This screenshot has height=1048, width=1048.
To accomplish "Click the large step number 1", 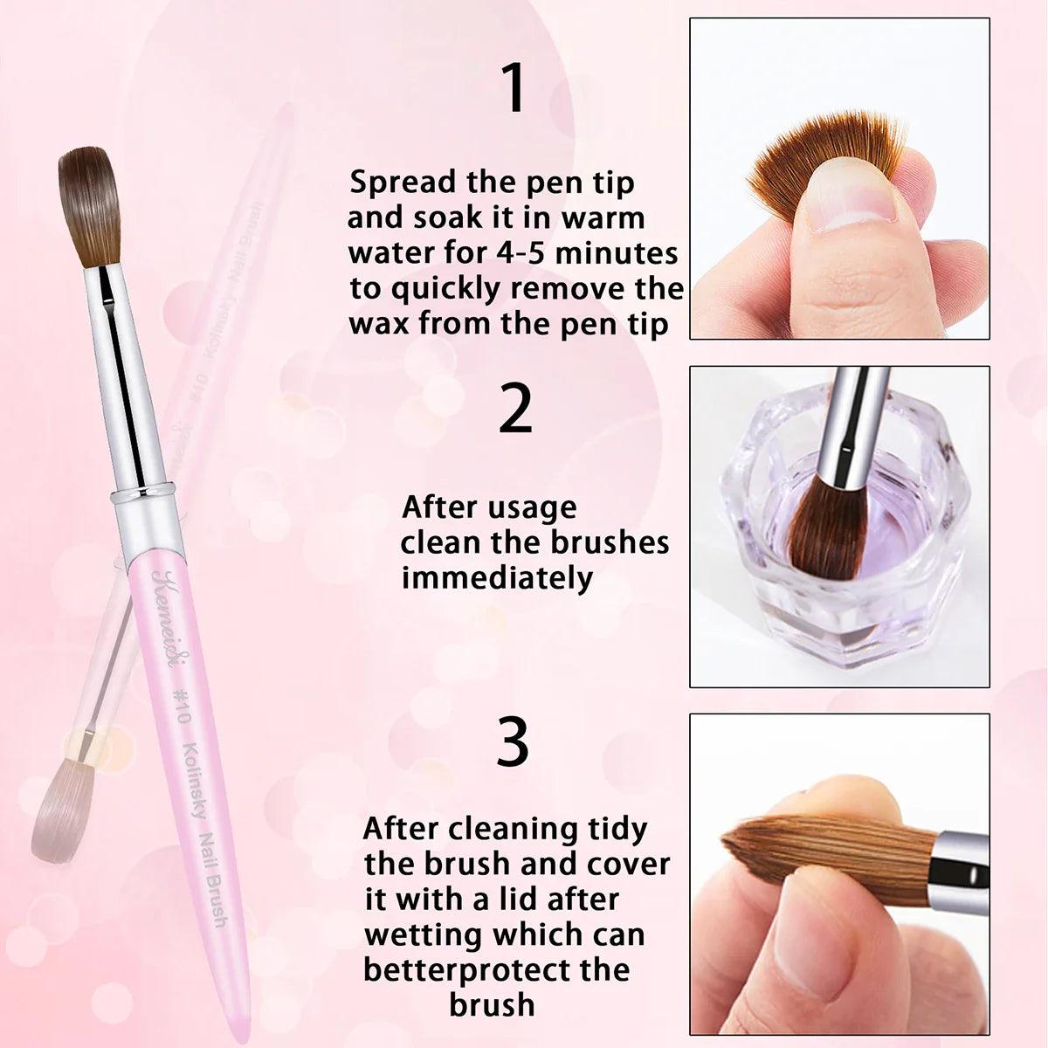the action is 514,87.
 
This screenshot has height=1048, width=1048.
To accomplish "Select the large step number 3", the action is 513,741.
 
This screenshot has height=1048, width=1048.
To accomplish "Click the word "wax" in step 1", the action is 380,325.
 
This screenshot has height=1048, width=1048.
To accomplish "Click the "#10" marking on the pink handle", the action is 180,705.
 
